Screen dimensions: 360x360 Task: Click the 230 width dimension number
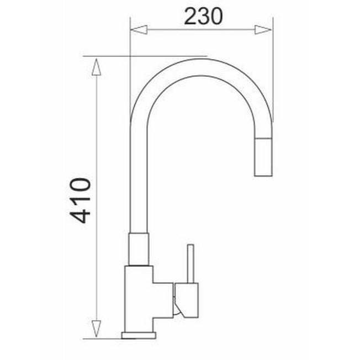point(203,16)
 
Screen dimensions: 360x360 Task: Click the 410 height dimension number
point(81,200)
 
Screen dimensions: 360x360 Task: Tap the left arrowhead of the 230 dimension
point(139,30)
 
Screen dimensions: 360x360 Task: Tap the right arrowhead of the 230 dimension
point(263,30)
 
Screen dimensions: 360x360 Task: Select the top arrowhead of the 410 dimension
point(97,67)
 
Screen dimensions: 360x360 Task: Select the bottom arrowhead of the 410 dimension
point(97,329)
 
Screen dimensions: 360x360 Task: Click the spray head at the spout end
point(263,157)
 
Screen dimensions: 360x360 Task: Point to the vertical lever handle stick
point(190,263)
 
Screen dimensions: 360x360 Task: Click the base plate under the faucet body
point(139,336)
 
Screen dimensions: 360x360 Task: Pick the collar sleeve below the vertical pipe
point(139,249)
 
